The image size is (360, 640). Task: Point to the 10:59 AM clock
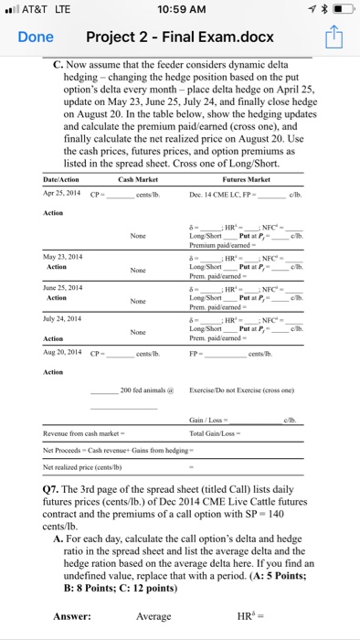(180, 10)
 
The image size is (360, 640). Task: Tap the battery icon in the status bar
(344, 10)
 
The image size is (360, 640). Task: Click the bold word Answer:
(71, 616)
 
